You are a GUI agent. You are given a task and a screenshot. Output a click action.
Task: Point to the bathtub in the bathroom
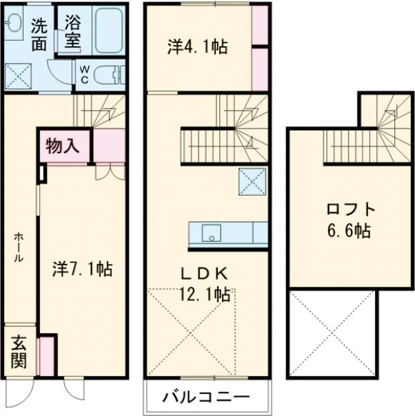[109, 30]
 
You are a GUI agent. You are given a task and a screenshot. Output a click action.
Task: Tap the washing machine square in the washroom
[18, 75]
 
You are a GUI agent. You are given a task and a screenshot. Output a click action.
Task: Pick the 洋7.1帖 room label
[82, 268]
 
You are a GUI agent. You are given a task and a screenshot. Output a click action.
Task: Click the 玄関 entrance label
[19, 352]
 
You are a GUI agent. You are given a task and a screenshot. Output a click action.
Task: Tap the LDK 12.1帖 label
[206, 284]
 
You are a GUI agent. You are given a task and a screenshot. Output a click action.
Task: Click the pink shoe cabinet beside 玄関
[46, 356]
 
